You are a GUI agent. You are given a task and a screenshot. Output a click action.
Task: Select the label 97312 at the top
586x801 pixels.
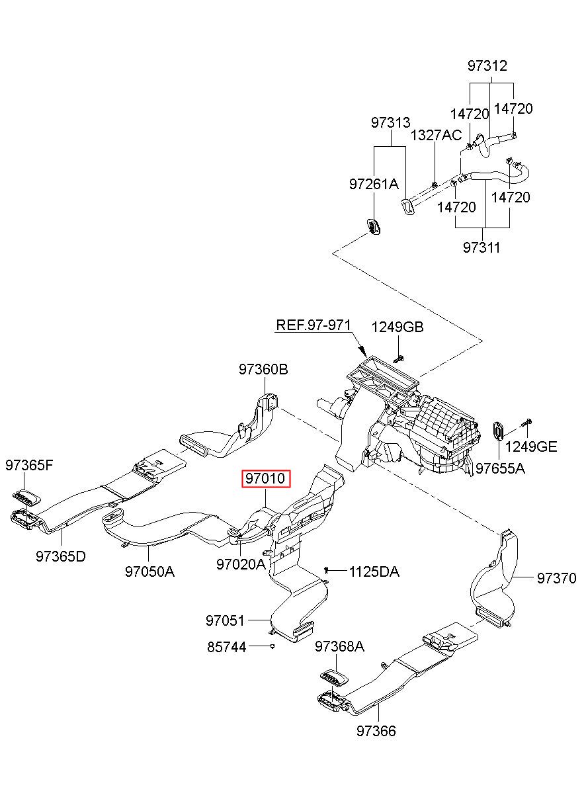pyautogui.click(x=487, y=65)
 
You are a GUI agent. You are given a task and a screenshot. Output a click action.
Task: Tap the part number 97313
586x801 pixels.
pyautogui.click(x=390, y=122)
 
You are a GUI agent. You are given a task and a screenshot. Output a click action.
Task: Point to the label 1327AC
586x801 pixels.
pyautogui.click(x=436, y=136)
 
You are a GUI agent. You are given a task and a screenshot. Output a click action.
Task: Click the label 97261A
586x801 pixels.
pyautogui.click(x=374, y=184)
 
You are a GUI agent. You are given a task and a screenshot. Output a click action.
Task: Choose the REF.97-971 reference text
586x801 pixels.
pyautogui.click(x=314, y=325)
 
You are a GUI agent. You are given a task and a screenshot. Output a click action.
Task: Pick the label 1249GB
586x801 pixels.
pyautogui.click(x=398, y=327)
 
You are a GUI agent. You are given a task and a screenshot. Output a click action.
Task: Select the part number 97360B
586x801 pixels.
pyautogui.click(x=263, y=369)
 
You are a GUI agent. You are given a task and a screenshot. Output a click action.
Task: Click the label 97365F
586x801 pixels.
pyautogui.click(x=29, y=465)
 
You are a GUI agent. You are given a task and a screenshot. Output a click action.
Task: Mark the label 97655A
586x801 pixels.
pyautogui.click(x=500, y=468)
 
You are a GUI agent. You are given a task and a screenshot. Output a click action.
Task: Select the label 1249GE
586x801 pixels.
pyautogui.click(x=531, y=446)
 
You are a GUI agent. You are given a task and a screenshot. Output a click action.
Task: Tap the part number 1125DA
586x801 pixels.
pyautogui.click(x=374, y=571)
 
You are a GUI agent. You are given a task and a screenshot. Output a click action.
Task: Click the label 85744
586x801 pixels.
pyautogui.click(x=227, y=648)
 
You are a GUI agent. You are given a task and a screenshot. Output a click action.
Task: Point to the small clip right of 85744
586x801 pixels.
pyautogui.click(x=272, y=646)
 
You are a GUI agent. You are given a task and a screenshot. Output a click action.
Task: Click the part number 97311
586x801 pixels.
pyautogui.click(x=481, y=247)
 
